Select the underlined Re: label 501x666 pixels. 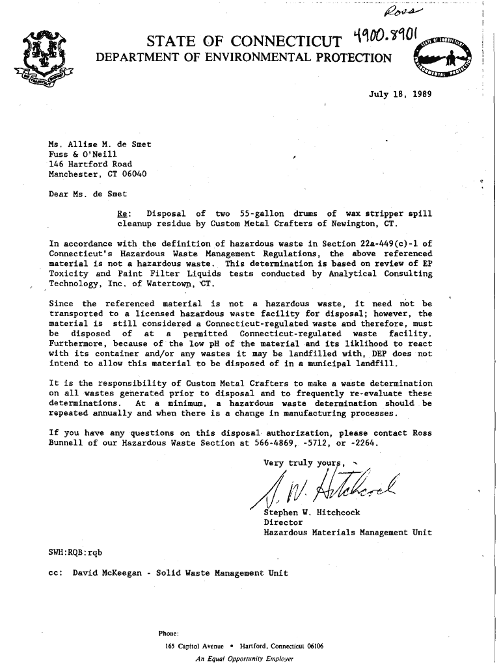122,213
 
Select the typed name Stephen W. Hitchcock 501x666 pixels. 312,513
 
